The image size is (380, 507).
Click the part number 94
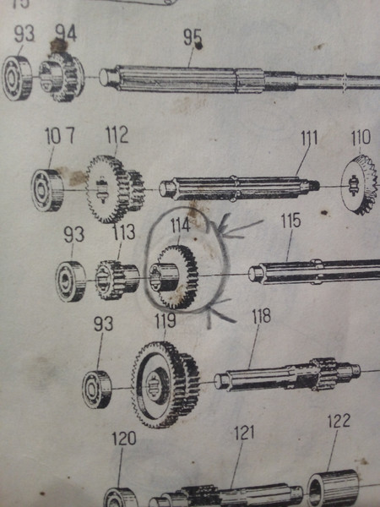(66, 33)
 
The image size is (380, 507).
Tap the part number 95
(193, 37)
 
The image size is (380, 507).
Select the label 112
(117, 135)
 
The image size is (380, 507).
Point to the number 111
(309, 138)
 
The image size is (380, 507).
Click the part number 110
(361, 137)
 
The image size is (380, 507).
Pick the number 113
(124, 232)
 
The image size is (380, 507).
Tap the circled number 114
(180, 225)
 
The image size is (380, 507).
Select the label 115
(290, 221)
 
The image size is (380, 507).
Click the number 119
(166, 321)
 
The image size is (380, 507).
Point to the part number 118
(261, 316)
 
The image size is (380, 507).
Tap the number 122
(339, 421)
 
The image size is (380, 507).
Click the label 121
(244, 433)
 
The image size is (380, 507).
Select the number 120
(124, 439)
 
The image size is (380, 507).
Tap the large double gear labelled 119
(166, 384)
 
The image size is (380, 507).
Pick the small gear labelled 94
(62, 77)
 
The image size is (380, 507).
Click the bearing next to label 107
(47, 190)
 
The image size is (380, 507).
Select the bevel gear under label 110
(359, 184)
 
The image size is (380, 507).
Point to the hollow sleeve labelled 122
(334, 487)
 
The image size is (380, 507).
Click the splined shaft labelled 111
(239, 188)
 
